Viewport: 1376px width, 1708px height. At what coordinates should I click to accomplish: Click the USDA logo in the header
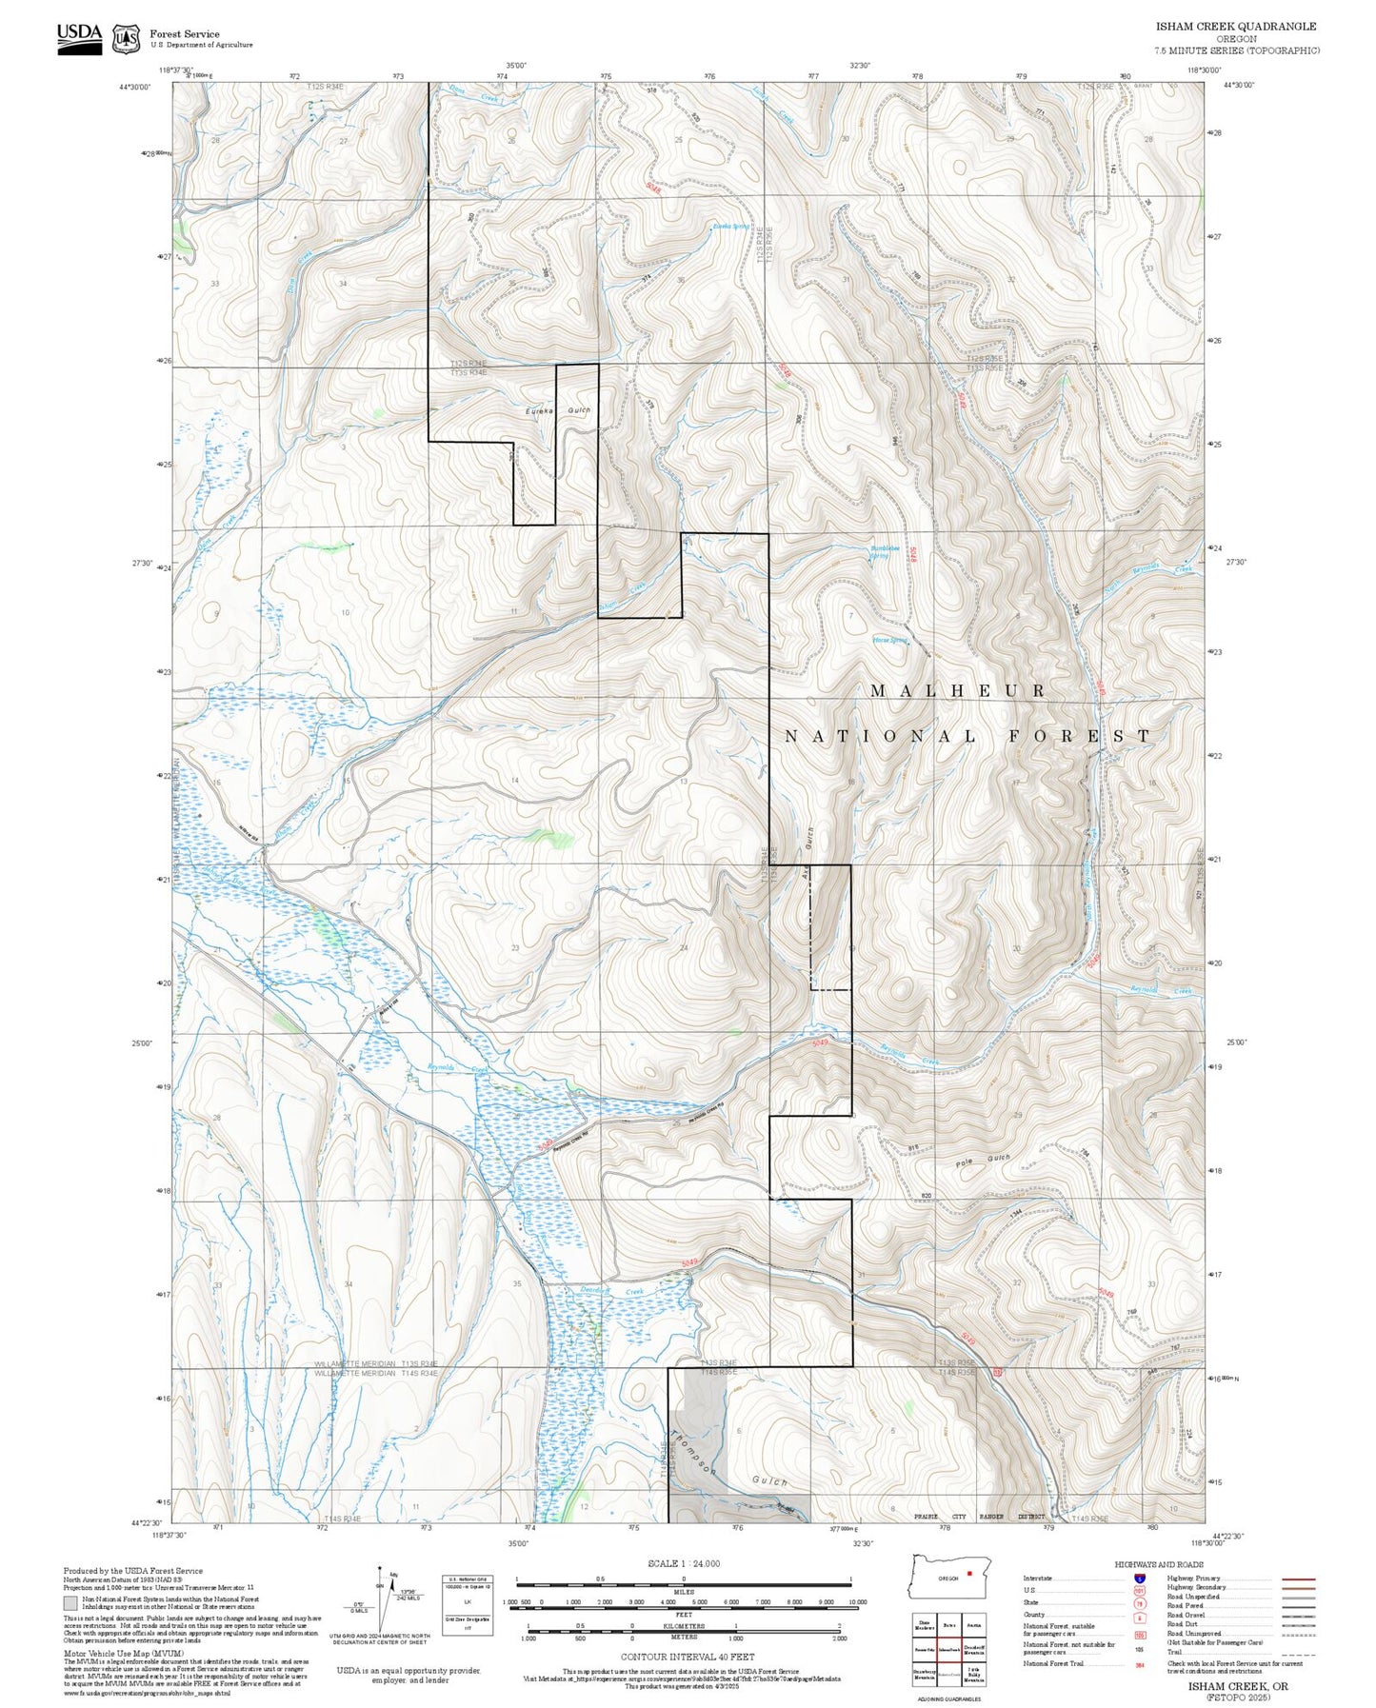click(x=79, y=37)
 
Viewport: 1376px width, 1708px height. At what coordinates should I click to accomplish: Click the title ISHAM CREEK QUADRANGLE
click(x=1236, y=27)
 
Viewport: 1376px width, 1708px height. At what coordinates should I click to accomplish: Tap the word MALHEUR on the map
click(x=958, y=691)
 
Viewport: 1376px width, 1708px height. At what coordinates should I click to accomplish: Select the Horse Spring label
click(x=890, y=641)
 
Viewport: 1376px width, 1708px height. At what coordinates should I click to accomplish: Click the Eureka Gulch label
click(x=558, y=410)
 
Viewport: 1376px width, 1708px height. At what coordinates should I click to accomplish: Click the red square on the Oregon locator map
click(x=968, y=1573)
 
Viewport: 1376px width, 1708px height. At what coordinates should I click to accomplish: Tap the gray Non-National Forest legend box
click(x=71, y=1602)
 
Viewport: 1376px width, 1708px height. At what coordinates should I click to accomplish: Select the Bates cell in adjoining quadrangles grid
click(x=948, y=1625)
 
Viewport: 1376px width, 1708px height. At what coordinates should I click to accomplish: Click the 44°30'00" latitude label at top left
click(x=135, y=87)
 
